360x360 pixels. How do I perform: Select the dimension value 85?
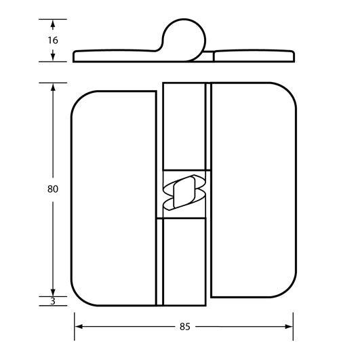184,326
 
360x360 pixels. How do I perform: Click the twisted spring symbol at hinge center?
184,193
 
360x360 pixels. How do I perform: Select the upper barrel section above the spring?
184,125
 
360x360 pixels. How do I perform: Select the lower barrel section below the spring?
183,261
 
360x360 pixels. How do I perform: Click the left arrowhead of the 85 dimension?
77,326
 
